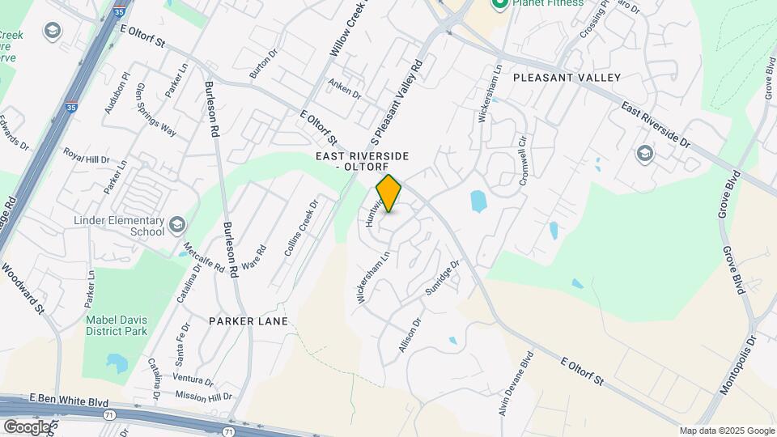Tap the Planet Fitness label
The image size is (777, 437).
(x=547, y=3)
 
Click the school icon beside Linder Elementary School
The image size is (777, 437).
(x=176, y=223)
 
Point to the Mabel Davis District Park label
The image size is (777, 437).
(x=117, y=325)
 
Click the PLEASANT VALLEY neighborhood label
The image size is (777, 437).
(x=567, y=78)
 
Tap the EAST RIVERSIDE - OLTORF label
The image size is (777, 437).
(x=362, y=160)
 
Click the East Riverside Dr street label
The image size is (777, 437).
(x=655, y=125)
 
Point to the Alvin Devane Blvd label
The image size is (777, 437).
(x=517, y=384)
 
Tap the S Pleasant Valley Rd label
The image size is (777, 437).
(x=396, y=101)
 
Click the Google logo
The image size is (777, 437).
(x=27, y=426)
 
